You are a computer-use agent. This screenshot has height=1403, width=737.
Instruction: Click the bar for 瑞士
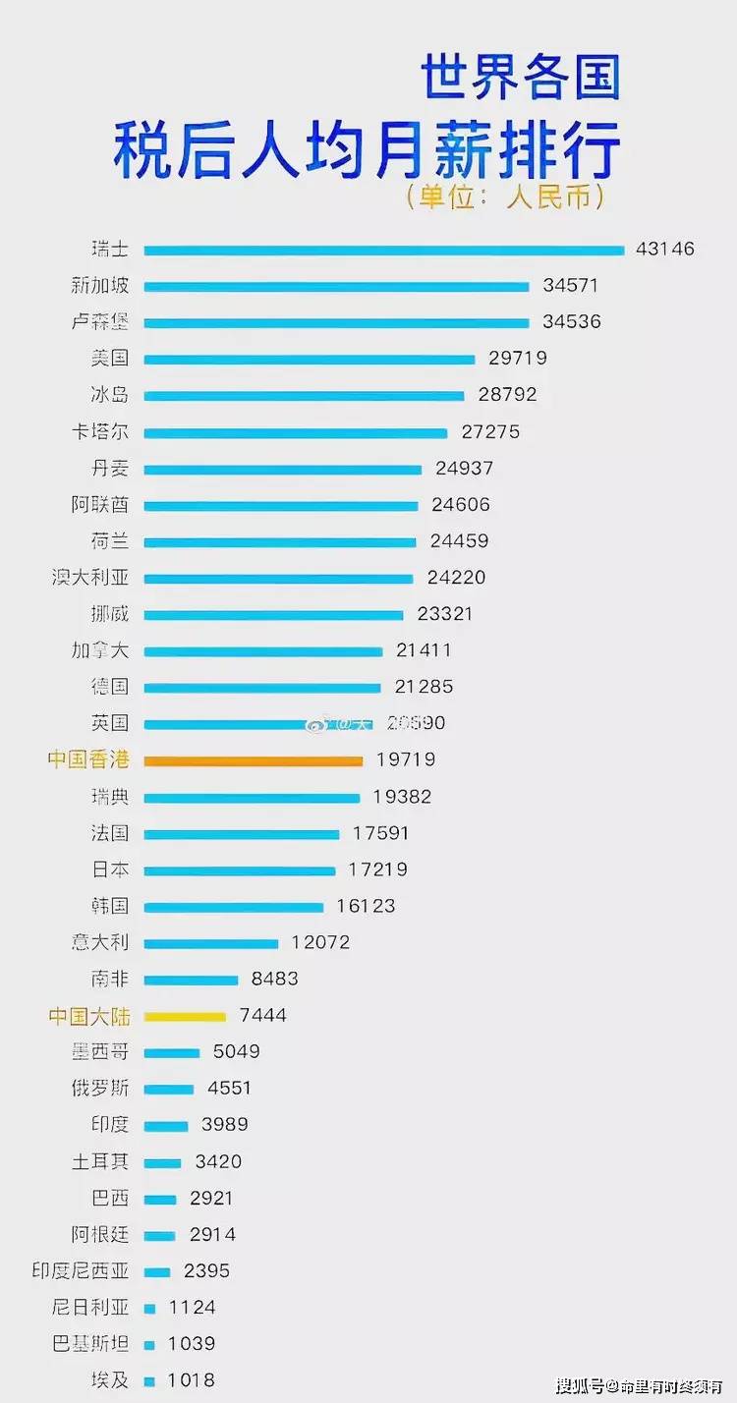pos(383,250)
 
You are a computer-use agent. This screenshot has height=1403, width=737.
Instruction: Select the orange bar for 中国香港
pos(254,759)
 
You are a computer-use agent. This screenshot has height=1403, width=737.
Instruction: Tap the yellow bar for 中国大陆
pos(185,1016)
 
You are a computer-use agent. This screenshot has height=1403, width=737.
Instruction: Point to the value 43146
pos(665,249)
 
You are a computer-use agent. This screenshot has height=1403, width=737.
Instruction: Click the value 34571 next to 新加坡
pos(570,286)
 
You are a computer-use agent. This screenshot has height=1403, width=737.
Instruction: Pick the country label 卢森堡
pos(100,322)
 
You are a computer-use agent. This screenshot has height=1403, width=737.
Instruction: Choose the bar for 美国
pos(310,360)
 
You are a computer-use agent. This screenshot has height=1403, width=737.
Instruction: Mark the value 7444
pos(262,1015)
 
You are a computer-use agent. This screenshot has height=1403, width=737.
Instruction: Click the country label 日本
pos(110,870)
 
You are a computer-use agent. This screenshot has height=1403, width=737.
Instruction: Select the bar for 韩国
pos(234,907)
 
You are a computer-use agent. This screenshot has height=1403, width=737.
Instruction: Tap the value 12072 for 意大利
pos(320,942)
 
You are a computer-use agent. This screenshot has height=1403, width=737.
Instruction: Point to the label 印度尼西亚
pos(81,1270)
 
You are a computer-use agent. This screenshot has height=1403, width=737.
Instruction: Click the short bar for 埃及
pos(149,1380)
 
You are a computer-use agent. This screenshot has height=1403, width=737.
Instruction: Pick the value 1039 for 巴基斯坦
pos(192,1343)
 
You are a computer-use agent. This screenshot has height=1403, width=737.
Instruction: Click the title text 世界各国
pos(521,78)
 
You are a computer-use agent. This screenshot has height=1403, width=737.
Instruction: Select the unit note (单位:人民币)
pos(505,196)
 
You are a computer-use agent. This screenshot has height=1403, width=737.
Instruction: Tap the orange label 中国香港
pos(88,759)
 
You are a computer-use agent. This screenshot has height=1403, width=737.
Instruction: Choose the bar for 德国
pos(262,688)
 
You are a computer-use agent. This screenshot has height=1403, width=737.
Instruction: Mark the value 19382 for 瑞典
pos(402,796)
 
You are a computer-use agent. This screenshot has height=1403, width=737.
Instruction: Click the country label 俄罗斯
pos(100,1089)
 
